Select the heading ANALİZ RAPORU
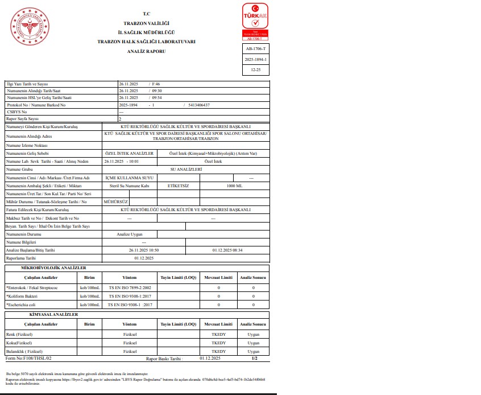[146, 51]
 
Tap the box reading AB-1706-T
[255, 49]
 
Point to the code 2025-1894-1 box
[255, 59]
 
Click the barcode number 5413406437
[198, 105]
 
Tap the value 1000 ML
[234, 186]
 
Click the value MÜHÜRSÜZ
[113, 201]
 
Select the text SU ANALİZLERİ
[186, 170]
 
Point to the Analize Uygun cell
[130, 234]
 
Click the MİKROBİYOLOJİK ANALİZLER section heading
[53, 268]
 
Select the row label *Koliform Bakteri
[23, 296]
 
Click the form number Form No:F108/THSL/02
[28, 359]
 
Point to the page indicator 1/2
[254, 359]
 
